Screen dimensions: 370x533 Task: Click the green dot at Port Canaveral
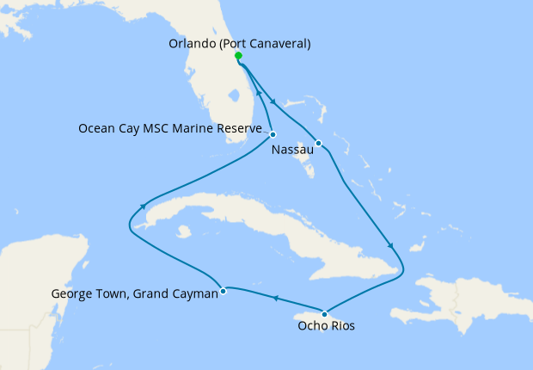238,56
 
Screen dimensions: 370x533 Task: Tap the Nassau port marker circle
318,143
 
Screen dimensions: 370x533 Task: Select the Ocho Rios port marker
324,313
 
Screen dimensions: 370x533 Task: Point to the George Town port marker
223,290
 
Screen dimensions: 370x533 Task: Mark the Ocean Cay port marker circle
273,134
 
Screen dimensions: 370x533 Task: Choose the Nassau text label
291,151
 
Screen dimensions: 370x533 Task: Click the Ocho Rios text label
326,326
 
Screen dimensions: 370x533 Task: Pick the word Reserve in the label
239,128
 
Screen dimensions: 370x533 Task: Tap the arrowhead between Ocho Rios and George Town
275,299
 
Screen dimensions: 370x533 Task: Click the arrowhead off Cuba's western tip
141,206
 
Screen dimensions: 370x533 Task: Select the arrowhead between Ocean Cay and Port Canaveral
259,91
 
